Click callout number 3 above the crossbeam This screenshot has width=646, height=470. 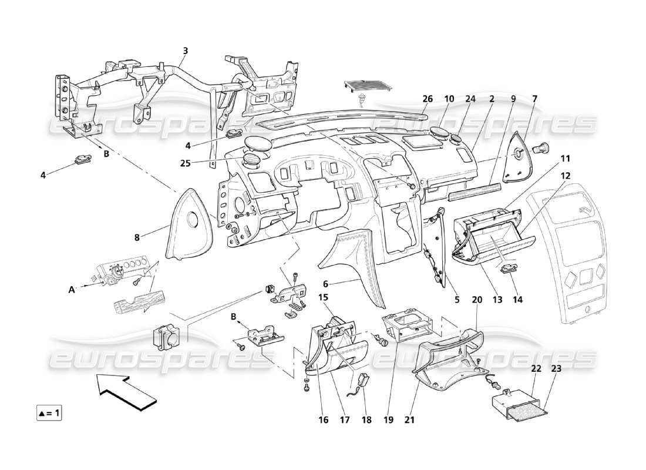pos(185,51)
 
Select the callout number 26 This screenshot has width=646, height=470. pos(427,99)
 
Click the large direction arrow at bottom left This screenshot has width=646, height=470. pos(126,390)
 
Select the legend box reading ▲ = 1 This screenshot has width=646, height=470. pos(49,413)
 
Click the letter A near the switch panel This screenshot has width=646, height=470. pos(72,289)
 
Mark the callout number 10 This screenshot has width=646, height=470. pos(449,99)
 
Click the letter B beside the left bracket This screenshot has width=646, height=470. pos(106,154)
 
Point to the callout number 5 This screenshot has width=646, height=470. pos(456,300)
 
